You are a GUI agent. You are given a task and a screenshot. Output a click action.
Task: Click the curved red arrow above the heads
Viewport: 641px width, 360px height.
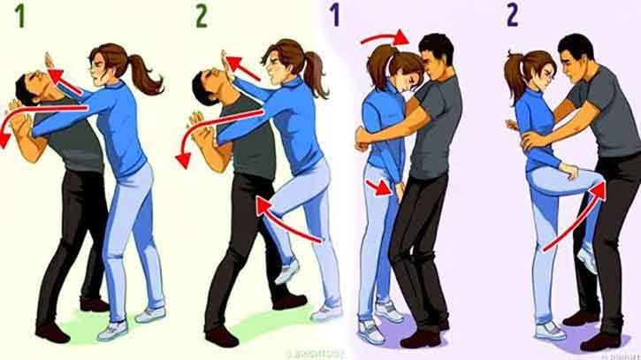click(385, 38)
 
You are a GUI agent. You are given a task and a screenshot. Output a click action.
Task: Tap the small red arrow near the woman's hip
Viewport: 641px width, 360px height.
click(378, 187)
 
